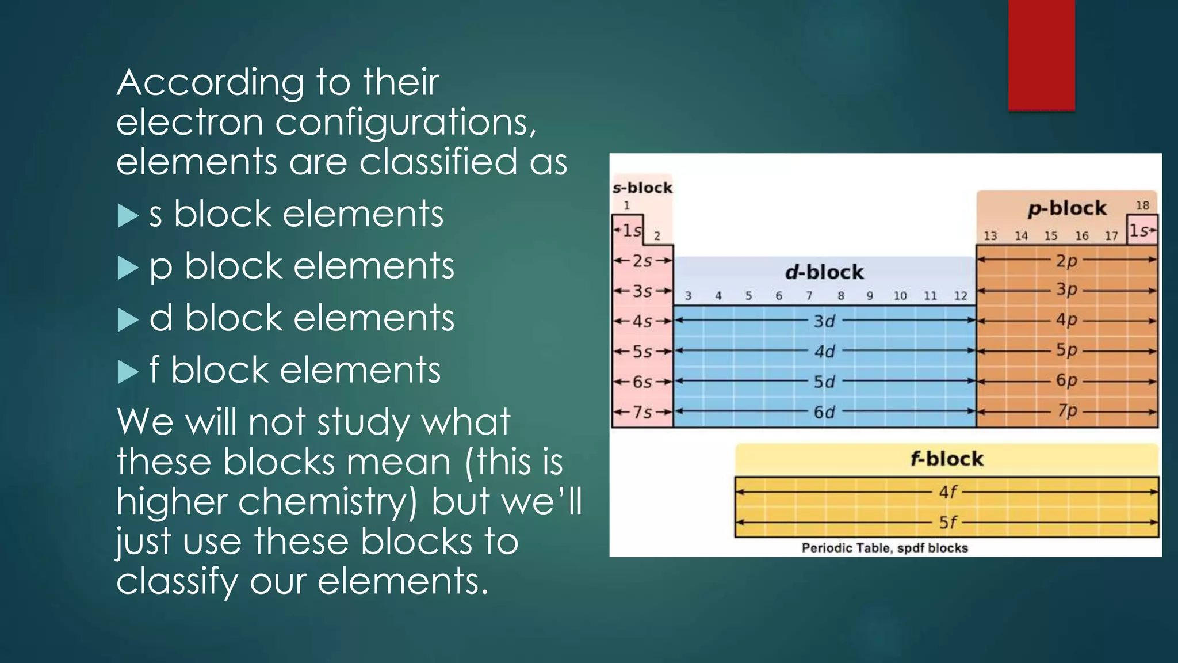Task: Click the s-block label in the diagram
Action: [x=642, y=188]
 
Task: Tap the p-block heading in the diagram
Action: [x=1067, y=208]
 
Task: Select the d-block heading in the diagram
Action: [x=824, y=272]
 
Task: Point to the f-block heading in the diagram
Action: [x=947, y=459]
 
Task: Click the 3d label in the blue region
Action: [x=824, y=321]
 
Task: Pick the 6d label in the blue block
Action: [x=824, y=412]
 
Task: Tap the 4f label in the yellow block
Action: [x=948, y=492]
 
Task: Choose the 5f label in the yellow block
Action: [x=948, y=523]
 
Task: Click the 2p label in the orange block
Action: [x=1066, y=260]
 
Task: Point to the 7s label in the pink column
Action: [x=642, y=412]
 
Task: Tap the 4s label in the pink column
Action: [x=642, y=321]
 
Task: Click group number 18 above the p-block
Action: [x=1142, y=205]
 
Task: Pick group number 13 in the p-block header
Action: [x=990, y=236]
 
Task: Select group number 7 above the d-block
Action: [x=809, y=296]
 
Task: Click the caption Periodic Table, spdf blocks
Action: [x=885, y=548]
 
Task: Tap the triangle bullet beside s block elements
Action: [x=128, y=216]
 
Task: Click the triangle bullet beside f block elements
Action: [x=128, y=372]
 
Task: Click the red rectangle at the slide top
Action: [x=1041, y=55]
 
